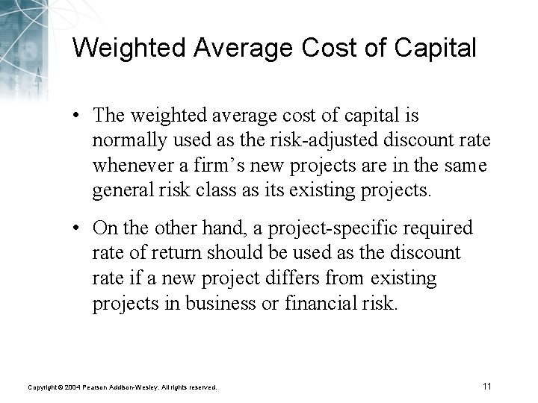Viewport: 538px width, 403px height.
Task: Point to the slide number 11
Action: [x=486, y=386]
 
